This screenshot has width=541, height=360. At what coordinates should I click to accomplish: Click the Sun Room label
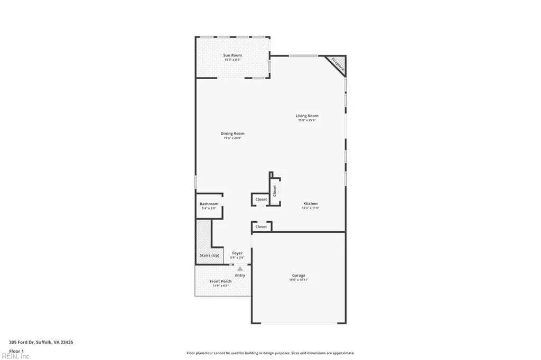pyautogui.click(x=232, y=55)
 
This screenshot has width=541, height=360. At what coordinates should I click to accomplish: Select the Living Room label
pyautogui.click(x=306, y=116)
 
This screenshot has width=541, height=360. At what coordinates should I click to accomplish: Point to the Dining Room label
pyautogui.click(x=232, y=134)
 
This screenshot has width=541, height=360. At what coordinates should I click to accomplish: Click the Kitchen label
pyautogui.click(x=310, y=204)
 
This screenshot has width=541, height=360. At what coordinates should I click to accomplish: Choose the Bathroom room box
pyautogui.click(x=209, y=206)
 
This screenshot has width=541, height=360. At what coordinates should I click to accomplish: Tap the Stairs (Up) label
pyautogui.click(x=209, y=255)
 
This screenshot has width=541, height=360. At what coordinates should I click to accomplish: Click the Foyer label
pyautogui.click(x=238, y=253)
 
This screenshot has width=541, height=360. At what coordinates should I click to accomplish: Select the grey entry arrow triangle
pyautogui.click(x=239, y=269)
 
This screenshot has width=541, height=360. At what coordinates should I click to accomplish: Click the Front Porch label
pyautogui.click(x=220, y=281)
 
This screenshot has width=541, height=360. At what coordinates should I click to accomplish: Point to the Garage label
pyautogui.click(x=299, y=276)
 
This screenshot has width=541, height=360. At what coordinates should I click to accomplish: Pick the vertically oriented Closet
pyautogui.click(x=275, y=190)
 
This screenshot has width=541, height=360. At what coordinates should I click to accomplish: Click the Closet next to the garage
pyautogui.click(x=261, y=227)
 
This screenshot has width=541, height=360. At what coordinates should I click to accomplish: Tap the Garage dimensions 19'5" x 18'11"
pyautogui.click(x=299, y=280)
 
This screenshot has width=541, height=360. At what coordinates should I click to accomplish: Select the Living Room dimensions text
pyautogui.click(x=306, y=120)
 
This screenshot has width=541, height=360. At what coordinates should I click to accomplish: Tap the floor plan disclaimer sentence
pyautogui.click(x=270, y=353)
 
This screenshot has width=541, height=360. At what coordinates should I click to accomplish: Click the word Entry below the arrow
pyautogui.click(x=240, y=276)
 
